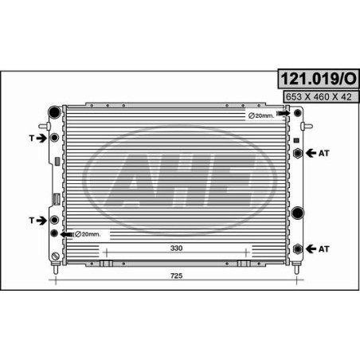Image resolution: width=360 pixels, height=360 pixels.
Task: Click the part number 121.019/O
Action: (x=319, y=79)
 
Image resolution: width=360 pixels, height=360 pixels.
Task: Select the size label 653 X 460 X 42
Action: (x=319, y=97)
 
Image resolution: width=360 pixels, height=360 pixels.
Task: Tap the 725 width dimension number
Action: (x=176, y=276)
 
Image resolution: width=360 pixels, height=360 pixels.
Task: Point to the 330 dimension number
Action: (x=176, y=248)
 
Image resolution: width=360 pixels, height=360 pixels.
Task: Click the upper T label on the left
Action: (x=32, y=138)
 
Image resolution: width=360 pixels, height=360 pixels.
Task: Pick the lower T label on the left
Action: (x=32, y=221)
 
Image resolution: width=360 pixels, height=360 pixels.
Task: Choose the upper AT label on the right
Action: (x=324, y=153)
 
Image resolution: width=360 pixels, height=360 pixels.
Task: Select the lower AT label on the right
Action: (x=324, y=249)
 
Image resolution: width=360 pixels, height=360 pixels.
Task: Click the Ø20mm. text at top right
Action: (x=261, y=115)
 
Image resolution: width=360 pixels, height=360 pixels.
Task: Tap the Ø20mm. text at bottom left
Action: (x=88, y=234)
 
